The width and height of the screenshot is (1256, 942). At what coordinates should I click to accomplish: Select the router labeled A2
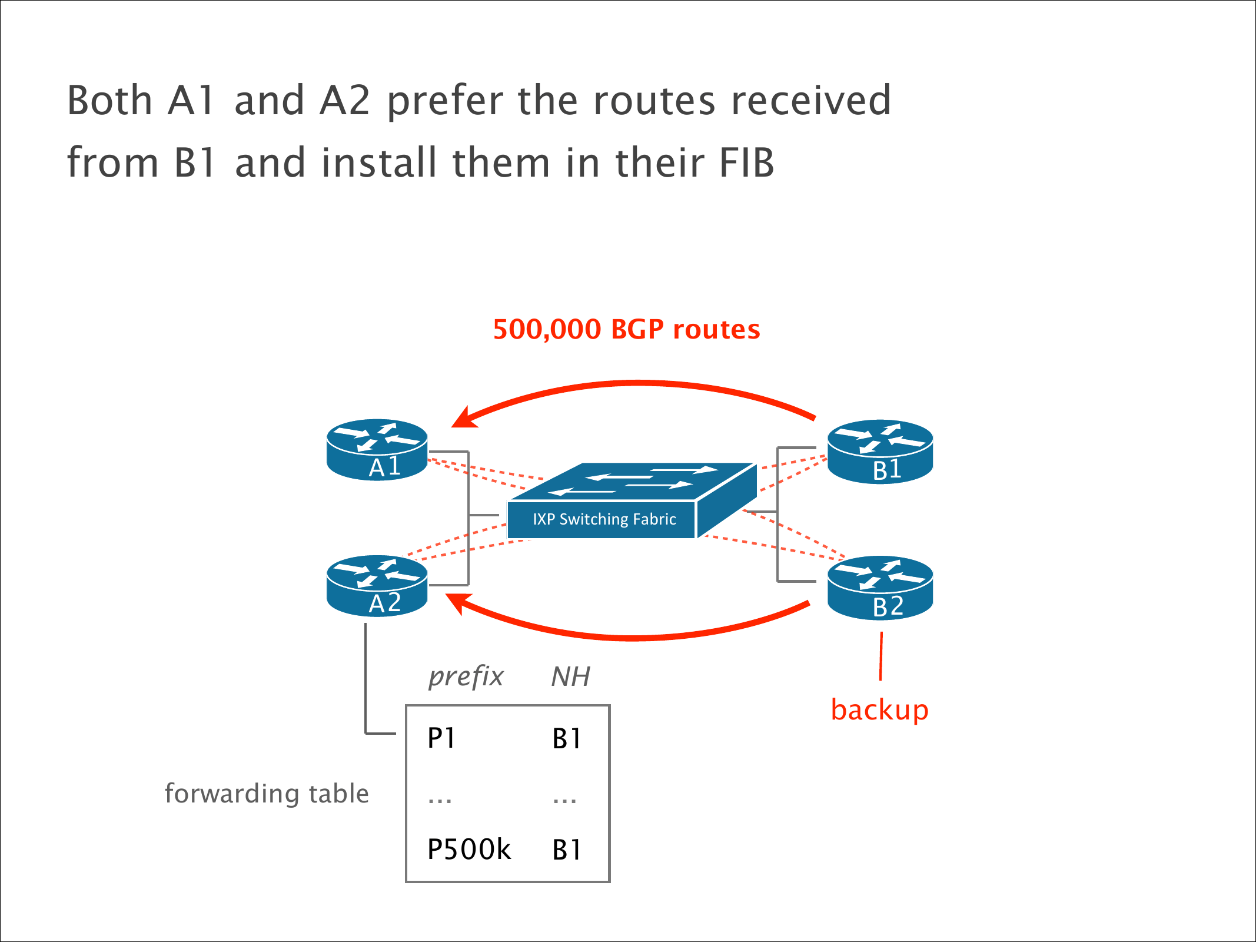377,586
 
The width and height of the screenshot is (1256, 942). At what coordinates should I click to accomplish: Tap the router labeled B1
880,452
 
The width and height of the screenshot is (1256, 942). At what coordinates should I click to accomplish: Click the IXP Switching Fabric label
604,519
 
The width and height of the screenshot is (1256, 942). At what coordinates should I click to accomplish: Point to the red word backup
879,710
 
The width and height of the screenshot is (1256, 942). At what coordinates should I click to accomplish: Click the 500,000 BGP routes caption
626,330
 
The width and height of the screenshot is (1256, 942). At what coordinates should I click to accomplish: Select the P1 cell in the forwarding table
441,738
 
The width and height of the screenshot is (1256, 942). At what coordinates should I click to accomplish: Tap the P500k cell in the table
468,850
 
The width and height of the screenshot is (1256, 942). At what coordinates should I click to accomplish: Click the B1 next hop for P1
567,739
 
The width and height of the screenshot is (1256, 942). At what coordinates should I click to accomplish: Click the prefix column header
466,677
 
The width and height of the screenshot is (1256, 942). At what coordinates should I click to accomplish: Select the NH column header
570,677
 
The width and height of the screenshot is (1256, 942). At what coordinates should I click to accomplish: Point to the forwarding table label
267,794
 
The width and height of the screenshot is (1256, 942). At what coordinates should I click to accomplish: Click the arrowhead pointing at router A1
462,418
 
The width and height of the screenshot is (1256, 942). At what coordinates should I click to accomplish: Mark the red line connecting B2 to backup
880,656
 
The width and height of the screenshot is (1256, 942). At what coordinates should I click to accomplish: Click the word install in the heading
377,162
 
